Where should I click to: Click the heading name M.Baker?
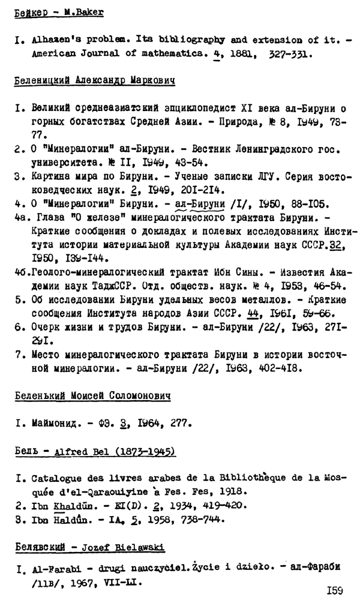(84, 12)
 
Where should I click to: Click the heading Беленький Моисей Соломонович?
(92, 396)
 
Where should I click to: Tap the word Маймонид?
(52, 425)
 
